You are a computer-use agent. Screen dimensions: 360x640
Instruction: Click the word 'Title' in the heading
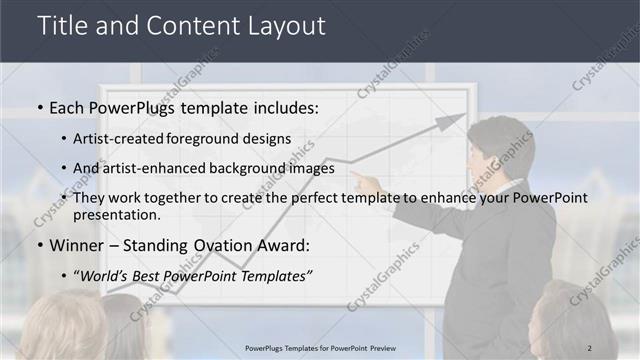click(62, 26)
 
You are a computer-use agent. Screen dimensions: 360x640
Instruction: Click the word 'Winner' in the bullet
click(74, 245)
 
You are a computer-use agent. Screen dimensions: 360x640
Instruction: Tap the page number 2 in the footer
click(589, 348)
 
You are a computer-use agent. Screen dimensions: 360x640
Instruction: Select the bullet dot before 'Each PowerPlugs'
click(39, 108)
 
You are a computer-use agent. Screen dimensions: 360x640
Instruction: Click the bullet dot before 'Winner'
click(39, 246)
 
